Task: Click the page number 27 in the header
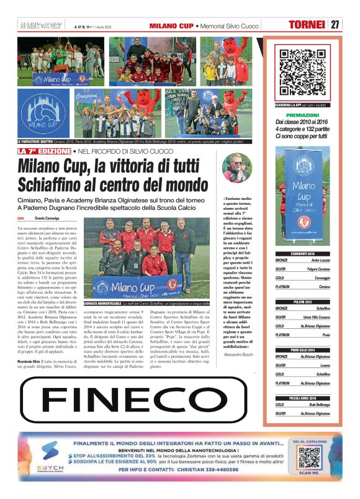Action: coord(335,25)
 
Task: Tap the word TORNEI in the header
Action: coord(307,25)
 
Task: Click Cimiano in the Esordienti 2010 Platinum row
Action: coord(324,287)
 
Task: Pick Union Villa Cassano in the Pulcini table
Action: coord(317,317)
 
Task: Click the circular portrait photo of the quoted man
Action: coord(237,168)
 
